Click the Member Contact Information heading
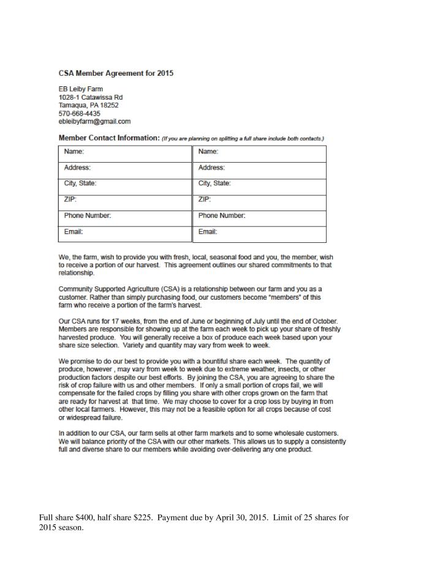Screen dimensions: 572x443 point(108,138)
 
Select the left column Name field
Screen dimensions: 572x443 point(125,152)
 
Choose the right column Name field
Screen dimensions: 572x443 point(260,152)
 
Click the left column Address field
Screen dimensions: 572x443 point(125,168)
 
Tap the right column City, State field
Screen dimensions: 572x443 point(260,184)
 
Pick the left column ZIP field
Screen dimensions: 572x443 point(125,200)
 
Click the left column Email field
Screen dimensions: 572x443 point(125,232)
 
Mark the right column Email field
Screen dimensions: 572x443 point(260,232)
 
